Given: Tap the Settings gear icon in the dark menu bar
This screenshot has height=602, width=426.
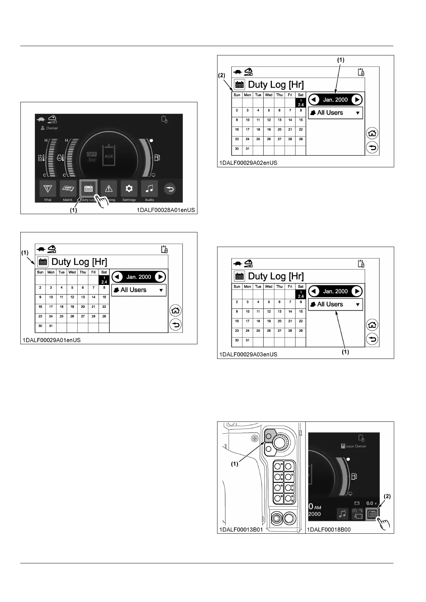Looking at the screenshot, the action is click(129, 189).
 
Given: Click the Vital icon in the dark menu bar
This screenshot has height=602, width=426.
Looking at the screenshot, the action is click(48, 189).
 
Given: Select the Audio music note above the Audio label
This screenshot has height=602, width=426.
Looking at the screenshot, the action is click(150, 189).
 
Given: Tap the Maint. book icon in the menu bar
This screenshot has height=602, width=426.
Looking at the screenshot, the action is click(68, 189).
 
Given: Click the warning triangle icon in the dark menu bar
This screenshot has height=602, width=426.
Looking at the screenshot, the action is click(109, 189).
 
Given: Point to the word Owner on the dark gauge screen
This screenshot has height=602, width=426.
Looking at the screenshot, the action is click(52, 128).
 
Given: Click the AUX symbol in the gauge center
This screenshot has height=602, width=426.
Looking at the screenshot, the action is click(109, 156).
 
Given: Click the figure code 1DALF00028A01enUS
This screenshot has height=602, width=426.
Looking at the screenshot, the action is click(166, 210).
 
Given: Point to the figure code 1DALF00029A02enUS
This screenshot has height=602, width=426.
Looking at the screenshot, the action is click(248, 163).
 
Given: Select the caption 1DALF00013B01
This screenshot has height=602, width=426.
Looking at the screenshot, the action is click(241, 529).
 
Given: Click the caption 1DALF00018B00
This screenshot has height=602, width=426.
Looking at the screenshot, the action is click(329, 529).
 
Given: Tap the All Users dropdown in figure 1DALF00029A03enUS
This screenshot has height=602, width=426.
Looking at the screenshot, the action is click(336, 305).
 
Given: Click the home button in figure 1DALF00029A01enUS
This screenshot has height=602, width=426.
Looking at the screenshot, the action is click(175, 310).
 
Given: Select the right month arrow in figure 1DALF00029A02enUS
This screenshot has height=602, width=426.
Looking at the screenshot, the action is click(357, 100).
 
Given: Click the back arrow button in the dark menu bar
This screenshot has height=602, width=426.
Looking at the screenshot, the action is click(170, 189).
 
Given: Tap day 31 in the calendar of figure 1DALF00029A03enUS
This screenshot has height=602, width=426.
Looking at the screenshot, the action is click(248, 340).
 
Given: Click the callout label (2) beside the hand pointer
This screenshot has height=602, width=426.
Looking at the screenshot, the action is click(387, 496).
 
